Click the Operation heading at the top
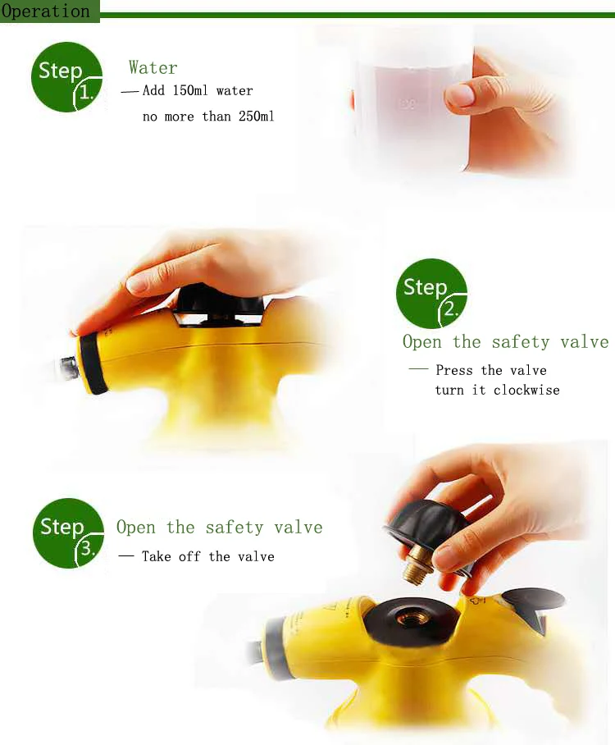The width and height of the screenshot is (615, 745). tap(46, 11)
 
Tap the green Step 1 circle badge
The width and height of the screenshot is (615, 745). tap(66, 77)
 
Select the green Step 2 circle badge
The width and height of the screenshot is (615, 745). tap(431, 293)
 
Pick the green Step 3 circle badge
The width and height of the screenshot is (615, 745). tap(68, 532)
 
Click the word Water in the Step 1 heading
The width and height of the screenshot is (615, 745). tap(153, 67)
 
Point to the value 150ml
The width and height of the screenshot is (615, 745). tap(190, 90)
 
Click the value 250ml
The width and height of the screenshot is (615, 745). tap(257, 116)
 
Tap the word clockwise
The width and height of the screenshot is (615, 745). tap(526, 390)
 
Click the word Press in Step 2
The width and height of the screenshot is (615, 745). tap(454, 370)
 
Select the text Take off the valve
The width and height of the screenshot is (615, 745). tap(208, 556)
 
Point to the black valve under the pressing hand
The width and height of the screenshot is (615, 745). tap(218, 305)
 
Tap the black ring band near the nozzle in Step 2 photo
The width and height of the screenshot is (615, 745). tap(93, 363)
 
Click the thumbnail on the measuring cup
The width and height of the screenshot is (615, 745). tap(460, 95)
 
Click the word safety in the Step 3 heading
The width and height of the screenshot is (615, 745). tap(235, 528)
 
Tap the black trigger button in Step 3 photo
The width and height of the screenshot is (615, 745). tap(533, 605)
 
